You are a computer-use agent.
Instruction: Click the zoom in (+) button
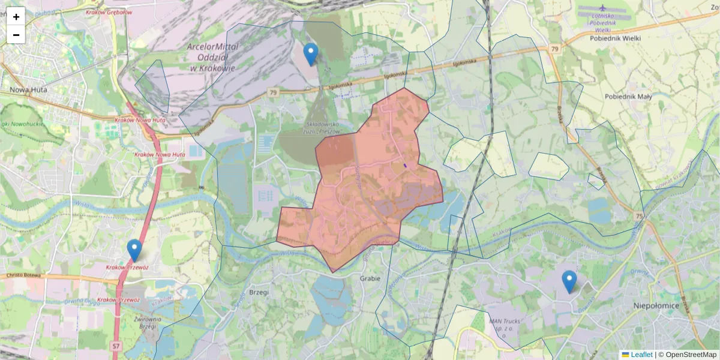(x=16, y=17)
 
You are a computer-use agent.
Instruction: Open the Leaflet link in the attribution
(x=641, y=355)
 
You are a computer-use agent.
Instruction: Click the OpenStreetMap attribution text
(x=691, y=355)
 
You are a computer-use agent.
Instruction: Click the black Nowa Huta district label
(x=28, y=90)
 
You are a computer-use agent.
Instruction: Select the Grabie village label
(x=371, y=278)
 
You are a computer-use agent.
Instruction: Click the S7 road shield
(x=116, y=346)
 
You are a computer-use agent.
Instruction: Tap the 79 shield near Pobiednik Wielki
(x=554, y=48)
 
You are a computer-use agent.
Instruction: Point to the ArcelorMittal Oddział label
(x=212, y=57)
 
